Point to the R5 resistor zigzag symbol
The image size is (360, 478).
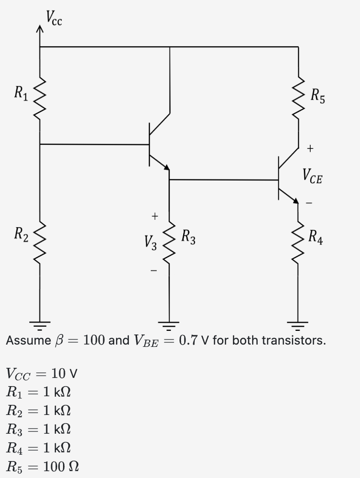tap(298, 97)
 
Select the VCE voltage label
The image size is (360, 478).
tap(312, 175)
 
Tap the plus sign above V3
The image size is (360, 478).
tap(155, 215)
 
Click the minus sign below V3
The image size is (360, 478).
tap(155, 271)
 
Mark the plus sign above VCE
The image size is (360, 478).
tap(311, 148)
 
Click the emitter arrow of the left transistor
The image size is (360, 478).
tap(166, 167)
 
